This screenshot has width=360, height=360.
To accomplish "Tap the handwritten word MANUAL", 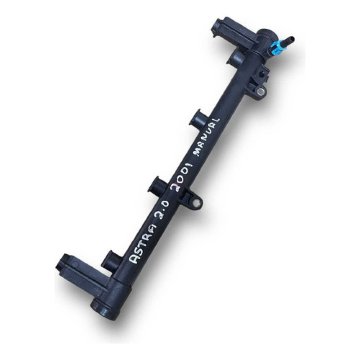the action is (x=207, y=137).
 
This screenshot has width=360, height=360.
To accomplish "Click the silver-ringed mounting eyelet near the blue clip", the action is (x=260, y=91).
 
